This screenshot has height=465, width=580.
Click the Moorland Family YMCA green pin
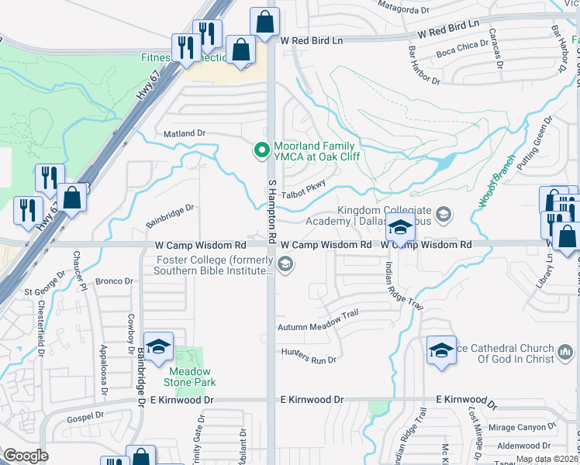(x=262, y=150)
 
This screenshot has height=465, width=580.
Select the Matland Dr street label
(x=184, y=133)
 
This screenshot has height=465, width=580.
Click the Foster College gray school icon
(x=285, y=266)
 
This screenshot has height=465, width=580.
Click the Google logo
(x=26, y=456)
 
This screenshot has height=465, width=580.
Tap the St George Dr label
(x=43, y=292)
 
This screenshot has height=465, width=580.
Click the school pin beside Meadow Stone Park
(x=158, y=350)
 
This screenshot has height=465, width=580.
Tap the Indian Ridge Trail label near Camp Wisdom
(x=402, y=285)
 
